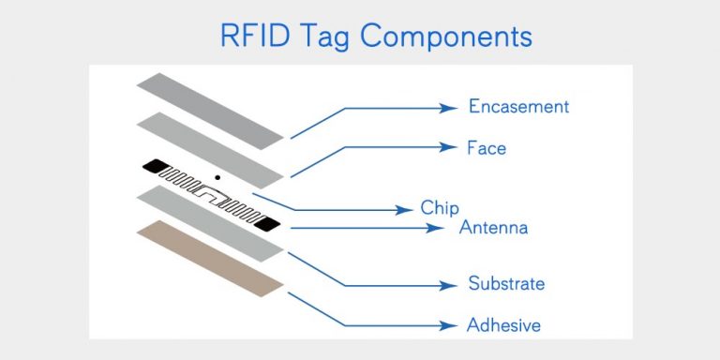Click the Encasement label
tap(518, 107)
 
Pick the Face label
tap(487, 148)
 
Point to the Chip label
tap(440, 208)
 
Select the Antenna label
tap(493, 228)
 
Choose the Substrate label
tap(506, 283)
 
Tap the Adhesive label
tap(503, 325)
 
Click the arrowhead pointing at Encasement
tap(452, 108)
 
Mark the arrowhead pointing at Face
tap(452, 147)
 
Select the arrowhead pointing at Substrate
tap(452, 284)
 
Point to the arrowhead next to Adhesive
tap(452, 325)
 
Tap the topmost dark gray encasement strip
tap(210, 108)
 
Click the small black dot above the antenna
tap(217, 176)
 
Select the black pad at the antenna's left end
tap(151, 167)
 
